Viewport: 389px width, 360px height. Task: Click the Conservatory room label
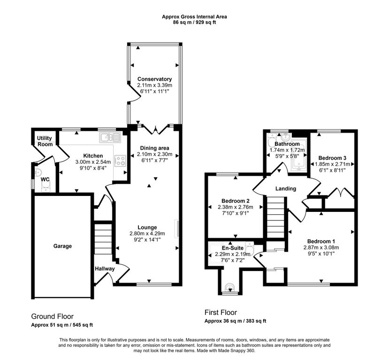pyautogui.click(x=154, y=79)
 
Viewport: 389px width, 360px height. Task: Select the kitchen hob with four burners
pyautogui.click(x=120, y=161)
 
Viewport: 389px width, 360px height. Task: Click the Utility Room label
pyautogui.click(x=46, y=141)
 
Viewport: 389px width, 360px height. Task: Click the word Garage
pyautogui.click(x=62, y=246)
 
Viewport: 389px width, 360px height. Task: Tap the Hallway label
pyautogui.click(x=105, y=269)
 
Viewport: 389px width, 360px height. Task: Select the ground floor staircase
pyautogui.click(x=103, y=239)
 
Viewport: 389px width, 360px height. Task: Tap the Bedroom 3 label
pyautogui.click(x=331, y=158)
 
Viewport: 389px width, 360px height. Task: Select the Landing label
pyautogui.click(x=285, y=188)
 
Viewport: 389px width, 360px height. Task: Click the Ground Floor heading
pyautogui.click(x=52, y=316)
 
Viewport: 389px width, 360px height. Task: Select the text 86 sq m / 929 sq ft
pyautogui.click(x=194, y=22)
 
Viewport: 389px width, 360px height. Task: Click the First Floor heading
pyautogui.click(x=221, y=312)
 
